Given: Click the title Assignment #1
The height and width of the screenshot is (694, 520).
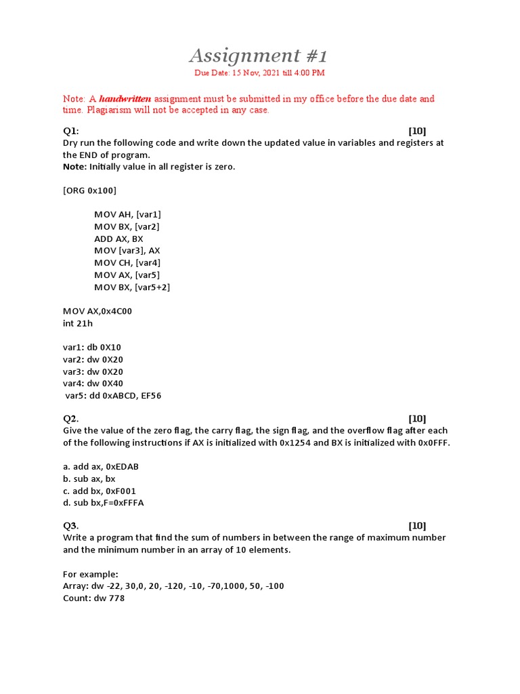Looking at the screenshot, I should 258,55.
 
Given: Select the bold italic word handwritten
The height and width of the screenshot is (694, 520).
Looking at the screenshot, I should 125,99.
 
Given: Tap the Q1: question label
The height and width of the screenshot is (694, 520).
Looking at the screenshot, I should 71,131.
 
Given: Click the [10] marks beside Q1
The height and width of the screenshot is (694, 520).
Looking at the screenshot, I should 417,131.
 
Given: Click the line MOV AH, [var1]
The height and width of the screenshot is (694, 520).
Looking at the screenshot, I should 127,214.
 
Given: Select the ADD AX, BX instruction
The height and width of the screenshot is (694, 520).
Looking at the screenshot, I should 118,239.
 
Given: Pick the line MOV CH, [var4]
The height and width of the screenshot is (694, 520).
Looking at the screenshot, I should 127,263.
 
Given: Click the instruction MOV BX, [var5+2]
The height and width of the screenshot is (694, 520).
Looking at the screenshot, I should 132,287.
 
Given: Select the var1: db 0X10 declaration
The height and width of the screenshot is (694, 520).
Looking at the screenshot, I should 92,348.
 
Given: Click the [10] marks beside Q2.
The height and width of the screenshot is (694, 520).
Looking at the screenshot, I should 417,418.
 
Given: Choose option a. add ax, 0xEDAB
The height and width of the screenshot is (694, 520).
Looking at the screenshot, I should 101,466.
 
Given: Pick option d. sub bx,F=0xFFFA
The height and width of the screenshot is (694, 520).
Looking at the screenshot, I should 104,503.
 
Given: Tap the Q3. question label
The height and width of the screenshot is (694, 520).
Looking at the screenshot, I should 71,525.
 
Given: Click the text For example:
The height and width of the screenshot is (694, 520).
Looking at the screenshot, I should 90,574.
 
